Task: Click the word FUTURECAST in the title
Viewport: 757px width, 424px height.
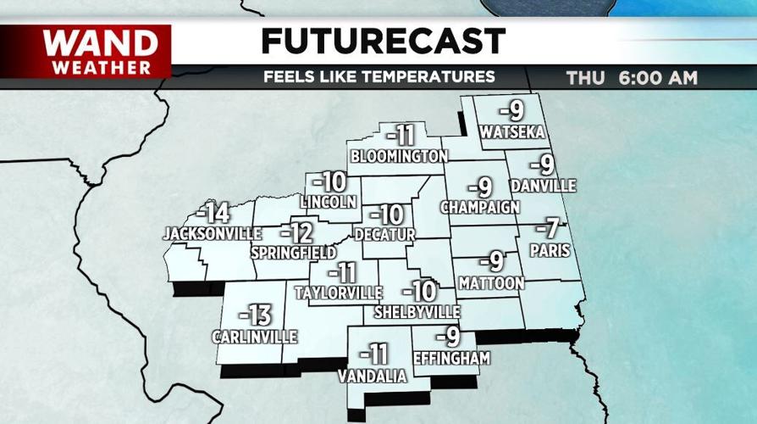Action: pyautogui.click(x=383, y=41)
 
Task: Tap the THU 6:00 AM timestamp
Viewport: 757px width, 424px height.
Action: pyautogui.click(x=632, y=78)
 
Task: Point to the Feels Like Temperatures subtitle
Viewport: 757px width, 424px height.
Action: pyautogui.click(x=378, y=77)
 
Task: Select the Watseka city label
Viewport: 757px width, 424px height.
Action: pyautogui.click(x=511, y=132)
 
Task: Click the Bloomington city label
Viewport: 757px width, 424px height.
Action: pyautogui.click(x=399, y=156)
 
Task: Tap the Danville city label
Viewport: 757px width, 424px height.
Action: pyautogui.click(x=544, y=185)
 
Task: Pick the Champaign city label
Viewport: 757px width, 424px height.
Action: pyautogui.click(x=479, y=207)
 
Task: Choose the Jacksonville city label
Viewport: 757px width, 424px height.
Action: pyautogui.click(x=202, y=232)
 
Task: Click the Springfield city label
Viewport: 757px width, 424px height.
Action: pyautogui.click(x=290, y=253)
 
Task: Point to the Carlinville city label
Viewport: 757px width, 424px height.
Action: pyautogui.click(x=255, y=337)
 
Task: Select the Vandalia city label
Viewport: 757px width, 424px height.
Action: pyautogui.click(x=373, y=376)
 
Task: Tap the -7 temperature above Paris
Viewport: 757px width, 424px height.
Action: pyautogui.click(x=551, y=228)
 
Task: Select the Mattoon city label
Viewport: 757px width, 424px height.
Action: pyautogui.click(x=491, y=282)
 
